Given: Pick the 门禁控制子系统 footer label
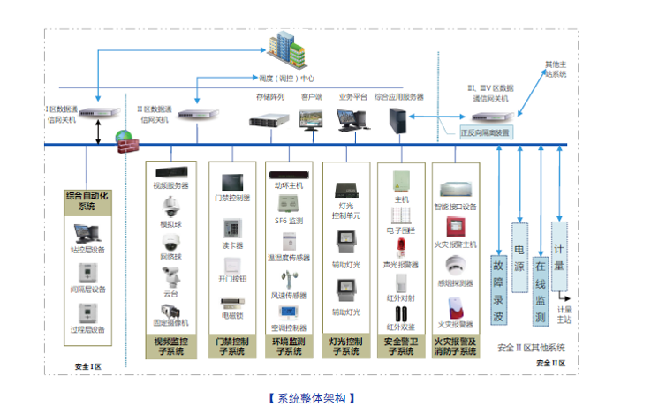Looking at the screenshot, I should pyautogui.click(x=232, y=346).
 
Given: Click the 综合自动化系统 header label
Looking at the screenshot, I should pyautogui.click(x=87, y=200).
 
